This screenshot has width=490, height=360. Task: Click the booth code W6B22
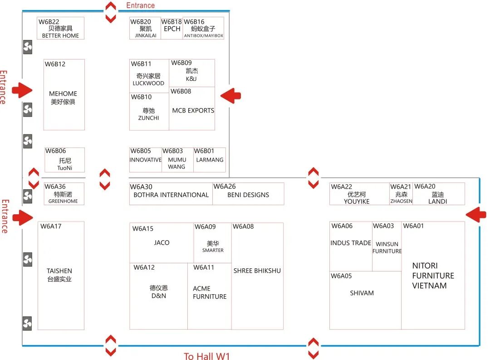pos(49,22)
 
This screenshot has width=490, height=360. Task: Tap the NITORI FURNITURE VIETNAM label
pos(433,276)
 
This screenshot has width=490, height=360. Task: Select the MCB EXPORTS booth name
pos(193,110)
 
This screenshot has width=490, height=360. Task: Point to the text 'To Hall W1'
pos(206,356)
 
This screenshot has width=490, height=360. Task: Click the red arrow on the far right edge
pos(476,214)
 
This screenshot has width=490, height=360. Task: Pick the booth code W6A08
pos(243,227)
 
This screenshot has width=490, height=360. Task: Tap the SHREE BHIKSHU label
pos(257,271)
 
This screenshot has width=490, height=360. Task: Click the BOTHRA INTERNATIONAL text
pos(171,195)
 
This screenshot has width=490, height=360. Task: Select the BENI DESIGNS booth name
pos(248,195)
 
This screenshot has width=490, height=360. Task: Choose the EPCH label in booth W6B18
pos(172,29)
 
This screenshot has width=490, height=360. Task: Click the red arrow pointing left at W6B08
pos(230,96)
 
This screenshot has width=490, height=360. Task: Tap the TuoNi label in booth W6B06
pos(65,168)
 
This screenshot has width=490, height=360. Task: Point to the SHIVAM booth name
pos(362,293)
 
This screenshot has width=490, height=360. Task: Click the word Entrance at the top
pos(140,5)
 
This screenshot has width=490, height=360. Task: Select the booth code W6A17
pos(51,226)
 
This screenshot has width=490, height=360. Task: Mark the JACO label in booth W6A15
pos(162,243)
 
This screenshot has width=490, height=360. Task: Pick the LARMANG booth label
pos(210,160)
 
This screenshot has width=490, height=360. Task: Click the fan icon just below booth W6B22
pos(28,47)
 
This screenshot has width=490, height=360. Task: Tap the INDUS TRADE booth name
pos(351,243)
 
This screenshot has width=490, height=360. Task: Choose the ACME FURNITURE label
pos(210,292)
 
